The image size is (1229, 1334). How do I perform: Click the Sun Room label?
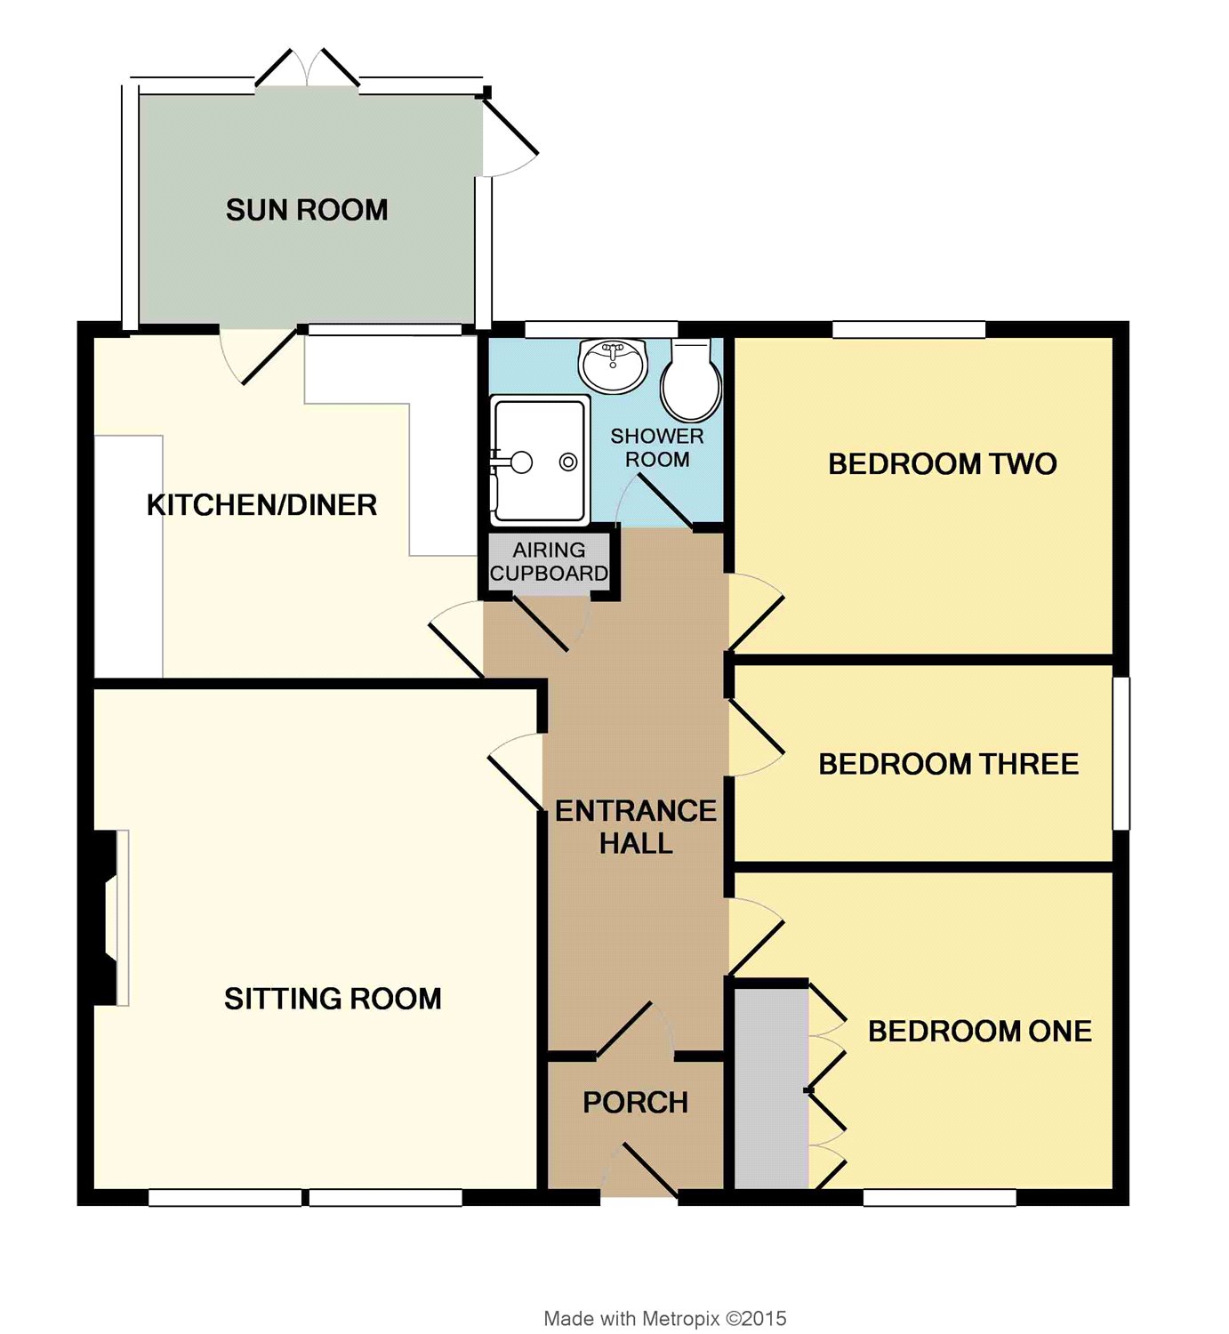(307, 210)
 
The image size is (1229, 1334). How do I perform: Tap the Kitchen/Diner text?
(262, 505)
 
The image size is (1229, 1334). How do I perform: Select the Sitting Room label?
(333, 998)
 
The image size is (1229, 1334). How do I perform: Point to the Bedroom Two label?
(943, 463)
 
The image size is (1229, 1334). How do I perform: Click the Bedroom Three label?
(948, 763)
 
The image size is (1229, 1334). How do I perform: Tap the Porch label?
(635, 1102)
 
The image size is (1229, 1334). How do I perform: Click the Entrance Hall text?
(636, 826)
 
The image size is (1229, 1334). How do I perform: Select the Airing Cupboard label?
(550, 561)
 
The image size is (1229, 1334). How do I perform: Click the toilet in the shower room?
(691, 380)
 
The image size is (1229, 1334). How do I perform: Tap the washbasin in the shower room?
(613, 366)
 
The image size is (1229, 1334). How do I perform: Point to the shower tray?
(540, 460)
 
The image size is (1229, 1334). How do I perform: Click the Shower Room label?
(657, 447)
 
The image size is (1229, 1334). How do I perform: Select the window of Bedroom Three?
(1121, 753)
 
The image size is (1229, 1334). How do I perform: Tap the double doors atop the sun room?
(308, 68)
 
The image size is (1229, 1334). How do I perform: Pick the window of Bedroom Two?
(909, 329)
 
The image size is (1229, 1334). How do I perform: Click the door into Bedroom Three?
(757, 737)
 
